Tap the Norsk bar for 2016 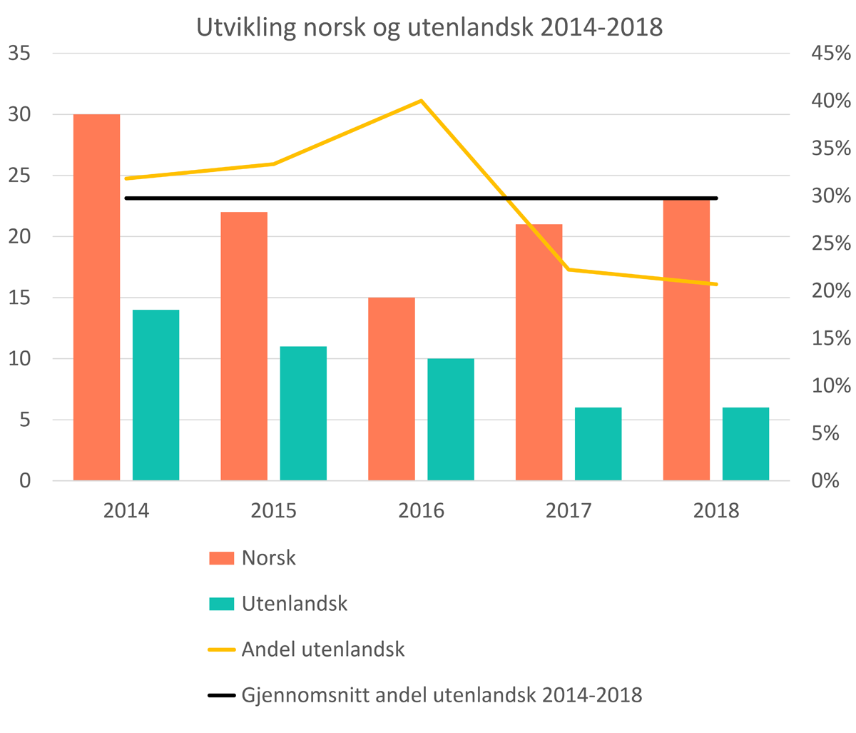pos(392,388)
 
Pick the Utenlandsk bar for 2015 pos(303,413)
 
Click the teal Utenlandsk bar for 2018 pos(745,443)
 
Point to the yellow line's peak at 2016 pos(421,101)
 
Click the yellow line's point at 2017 pos(569,269)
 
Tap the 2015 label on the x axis pos(274,511)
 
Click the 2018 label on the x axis pos(716,511)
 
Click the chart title pos(429,27)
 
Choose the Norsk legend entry pos(268,557)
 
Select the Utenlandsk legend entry pos(294,603)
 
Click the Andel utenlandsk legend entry pos(322,649)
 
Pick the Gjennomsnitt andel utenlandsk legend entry pos(442,694)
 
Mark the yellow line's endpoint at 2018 pos(715,284)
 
